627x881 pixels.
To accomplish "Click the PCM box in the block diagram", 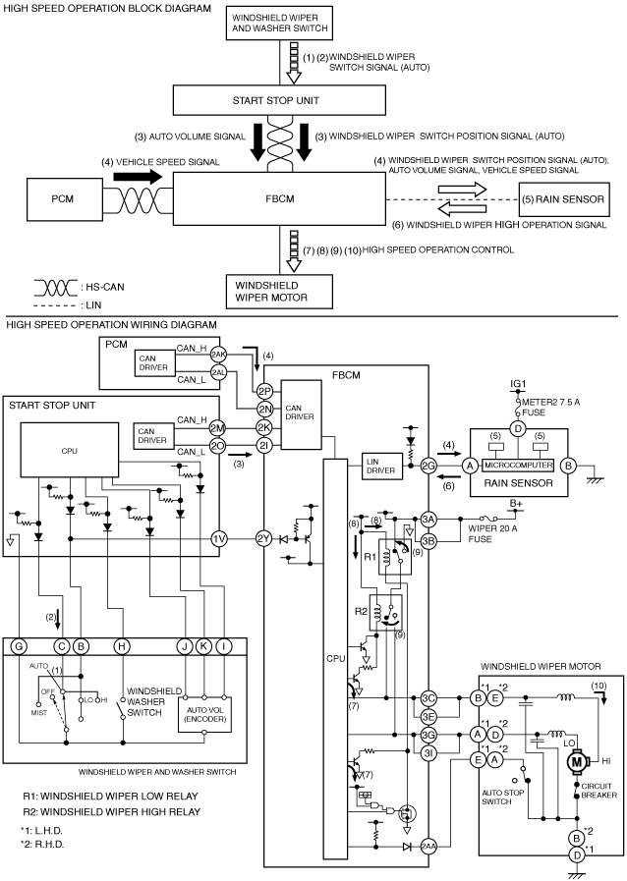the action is coord(63,199).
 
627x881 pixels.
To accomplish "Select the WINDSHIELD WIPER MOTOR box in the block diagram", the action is coord(279,292).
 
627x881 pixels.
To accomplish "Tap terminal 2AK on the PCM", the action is coord(218,355).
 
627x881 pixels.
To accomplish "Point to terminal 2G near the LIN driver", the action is coord(429,466).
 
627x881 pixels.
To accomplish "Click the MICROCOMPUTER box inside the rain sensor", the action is coord(518,466).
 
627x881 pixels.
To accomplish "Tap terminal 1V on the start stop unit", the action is coord(219,539).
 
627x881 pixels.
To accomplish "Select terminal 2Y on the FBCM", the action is coord(264,539).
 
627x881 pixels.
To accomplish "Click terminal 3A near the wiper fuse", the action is coord(429,520).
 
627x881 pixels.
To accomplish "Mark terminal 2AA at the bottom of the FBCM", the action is coord(429,847).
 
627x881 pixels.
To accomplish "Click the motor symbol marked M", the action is coord(577,762).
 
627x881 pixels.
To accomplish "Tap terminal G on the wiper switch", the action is coord(19,646).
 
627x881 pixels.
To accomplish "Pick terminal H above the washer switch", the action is coord(122,646).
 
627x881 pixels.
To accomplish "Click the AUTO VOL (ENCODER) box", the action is coord(204,715).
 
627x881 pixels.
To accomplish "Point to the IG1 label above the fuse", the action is coord(518,384).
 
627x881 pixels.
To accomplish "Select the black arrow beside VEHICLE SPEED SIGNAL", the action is coord(138,177).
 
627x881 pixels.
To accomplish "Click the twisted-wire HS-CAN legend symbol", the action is coord(55,288).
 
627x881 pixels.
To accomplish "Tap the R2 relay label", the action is coord(361,611).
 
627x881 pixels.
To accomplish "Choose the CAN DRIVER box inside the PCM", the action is coord(153,363).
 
